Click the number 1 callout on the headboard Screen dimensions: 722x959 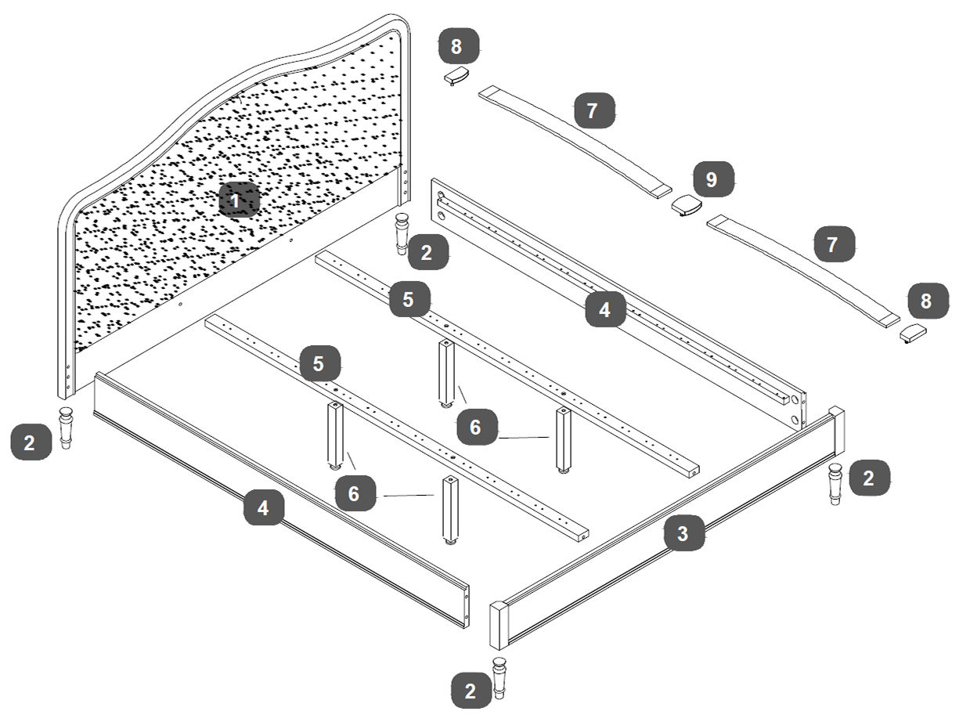click(x=234, y=201)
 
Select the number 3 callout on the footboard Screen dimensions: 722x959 click(x=683, y=534)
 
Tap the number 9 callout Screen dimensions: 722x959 click(x=711, y=179)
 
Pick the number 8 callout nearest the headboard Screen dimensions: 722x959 click(x=456, y=47)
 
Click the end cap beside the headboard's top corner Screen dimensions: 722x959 click(x=455, y=76)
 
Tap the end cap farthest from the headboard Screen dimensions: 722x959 click(x=912, y=333)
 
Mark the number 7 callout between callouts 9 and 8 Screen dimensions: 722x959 click(x=832, y=244)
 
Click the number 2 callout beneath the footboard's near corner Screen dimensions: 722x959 click(x=470, y=691)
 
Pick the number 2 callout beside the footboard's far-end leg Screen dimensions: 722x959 click(x=868, y=478)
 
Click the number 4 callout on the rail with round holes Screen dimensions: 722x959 click(x=604, y=309)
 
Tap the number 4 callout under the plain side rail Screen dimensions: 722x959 click(x=263, y=508)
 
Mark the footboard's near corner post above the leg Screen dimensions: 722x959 click(x=499, y=624)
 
